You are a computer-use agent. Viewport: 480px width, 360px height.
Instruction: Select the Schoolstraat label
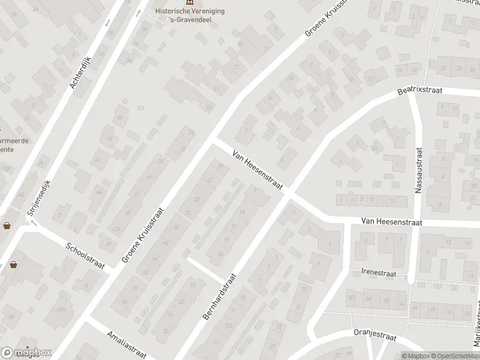tap(86, 257)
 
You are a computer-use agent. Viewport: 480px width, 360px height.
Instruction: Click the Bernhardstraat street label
tap(220, 296)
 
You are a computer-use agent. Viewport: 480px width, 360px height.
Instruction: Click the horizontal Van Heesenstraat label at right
tap(392, 222)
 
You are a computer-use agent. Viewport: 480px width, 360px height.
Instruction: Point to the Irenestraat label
tap(377, 272)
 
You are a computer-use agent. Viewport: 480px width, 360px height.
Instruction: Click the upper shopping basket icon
tap(7, 226)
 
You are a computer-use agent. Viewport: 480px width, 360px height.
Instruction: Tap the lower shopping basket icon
tap(13, 264)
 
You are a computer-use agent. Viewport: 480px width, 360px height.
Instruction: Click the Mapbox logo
tap(25, 353)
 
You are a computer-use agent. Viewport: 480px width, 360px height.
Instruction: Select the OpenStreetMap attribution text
tap(455, 356)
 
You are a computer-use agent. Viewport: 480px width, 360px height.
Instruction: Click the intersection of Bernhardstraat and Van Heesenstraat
tap(290, 194)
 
